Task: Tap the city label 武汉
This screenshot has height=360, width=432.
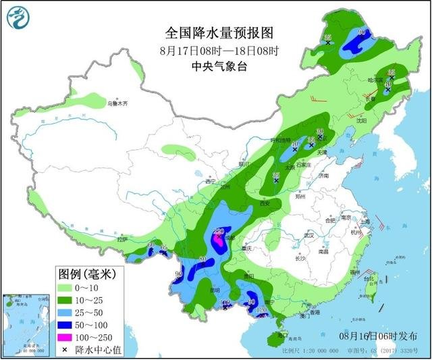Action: (309, 235)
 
